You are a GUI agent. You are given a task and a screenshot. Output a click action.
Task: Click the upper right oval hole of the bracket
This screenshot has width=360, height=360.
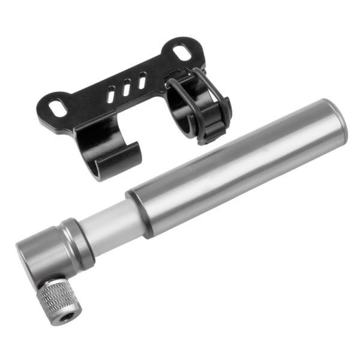point(183,52)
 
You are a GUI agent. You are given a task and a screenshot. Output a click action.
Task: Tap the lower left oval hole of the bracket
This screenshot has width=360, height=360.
point(59,107)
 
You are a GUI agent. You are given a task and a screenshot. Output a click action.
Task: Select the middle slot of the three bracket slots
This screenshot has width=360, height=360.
point(127,88)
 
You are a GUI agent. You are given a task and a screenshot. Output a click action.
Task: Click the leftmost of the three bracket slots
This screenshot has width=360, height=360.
point(112,94)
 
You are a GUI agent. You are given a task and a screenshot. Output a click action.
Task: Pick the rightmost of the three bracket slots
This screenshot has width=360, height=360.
point(142,80)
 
